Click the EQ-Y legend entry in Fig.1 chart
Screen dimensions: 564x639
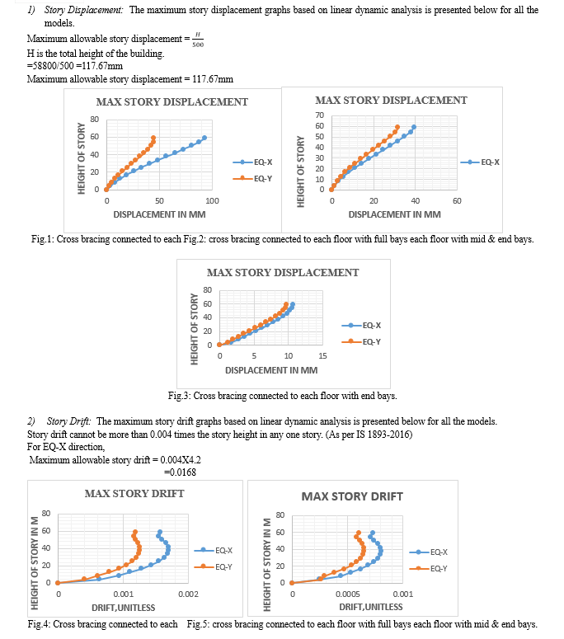click(252, 178)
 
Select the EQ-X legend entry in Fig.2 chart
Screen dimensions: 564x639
click(480, 162)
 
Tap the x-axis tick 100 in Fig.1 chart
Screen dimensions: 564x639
click(212, 201)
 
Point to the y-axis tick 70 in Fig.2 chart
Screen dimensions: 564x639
click(319, 115)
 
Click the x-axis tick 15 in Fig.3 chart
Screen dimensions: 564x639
click(322, 356)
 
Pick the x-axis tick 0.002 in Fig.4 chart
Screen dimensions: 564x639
click(188, 594)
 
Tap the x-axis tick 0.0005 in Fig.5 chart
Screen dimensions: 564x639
click(348, 594)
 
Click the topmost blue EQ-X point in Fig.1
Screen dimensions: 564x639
click(204, 138)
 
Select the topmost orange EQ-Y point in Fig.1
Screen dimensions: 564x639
click(153, 138)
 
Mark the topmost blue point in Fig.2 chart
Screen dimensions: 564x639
click(414, 127)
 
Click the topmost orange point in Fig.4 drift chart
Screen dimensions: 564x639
click(135, 532)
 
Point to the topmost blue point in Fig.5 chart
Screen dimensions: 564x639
click(372, 533)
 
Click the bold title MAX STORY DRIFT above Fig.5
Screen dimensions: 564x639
click(352, 496)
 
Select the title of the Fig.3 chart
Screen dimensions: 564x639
click(283, 272)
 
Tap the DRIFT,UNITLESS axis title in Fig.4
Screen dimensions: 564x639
click(124, 608)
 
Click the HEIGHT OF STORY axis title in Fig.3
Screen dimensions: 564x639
click(195, 329)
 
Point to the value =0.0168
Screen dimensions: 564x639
click(180, 472)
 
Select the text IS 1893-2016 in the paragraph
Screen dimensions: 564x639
click(383, 435)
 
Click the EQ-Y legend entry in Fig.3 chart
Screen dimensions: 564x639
click(361, 341)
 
